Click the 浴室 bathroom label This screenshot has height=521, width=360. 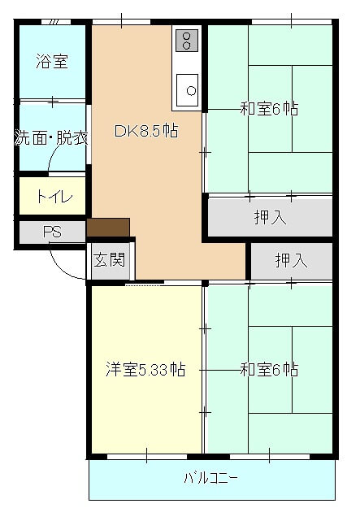pos(51,61)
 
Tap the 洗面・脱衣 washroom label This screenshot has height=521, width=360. pos(51,137)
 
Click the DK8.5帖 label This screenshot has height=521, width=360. pos(147,130)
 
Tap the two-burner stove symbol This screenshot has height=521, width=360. pos(187,41)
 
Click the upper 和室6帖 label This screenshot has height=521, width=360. pos(268,108)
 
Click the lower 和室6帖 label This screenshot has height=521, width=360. pos(268,370)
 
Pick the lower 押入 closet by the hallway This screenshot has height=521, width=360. pos(291,261)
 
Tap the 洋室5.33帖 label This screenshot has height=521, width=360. pos(145,370)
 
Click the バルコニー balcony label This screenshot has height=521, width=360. pos(211,477)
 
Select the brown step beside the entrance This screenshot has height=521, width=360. pos(108,228)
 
